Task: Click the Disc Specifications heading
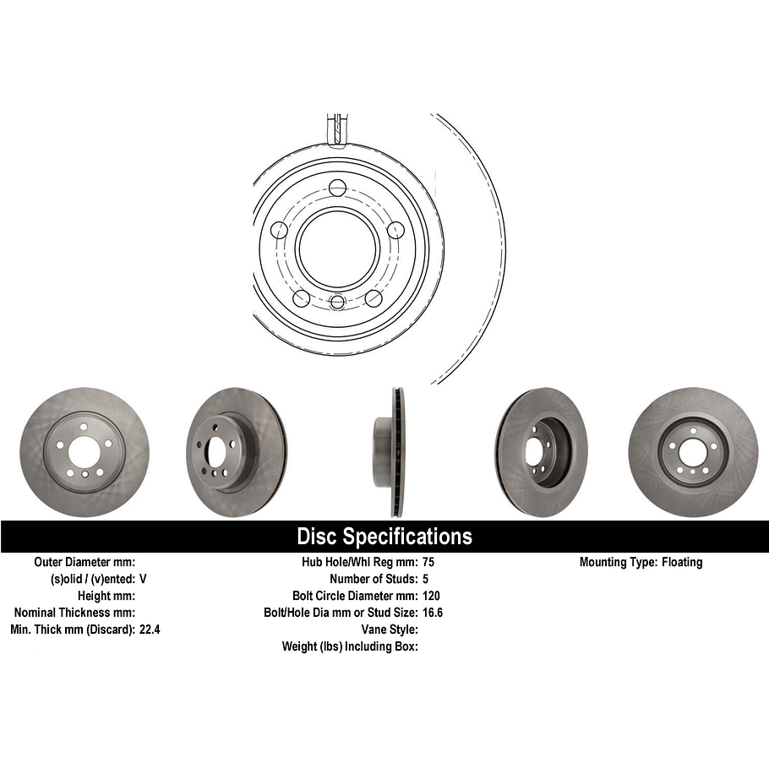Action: point(384,537)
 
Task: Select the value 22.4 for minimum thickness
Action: point(150,630)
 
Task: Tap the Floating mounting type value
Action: point(681,562)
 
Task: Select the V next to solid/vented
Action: point(143,579)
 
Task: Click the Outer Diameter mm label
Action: point(85,562)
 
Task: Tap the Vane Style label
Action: point(390,630)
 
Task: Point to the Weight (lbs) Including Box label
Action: point(350,646)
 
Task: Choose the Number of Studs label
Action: point(372,579)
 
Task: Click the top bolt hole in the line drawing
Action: point(337,188)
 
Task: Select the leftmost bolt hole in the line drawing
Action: point(279,230)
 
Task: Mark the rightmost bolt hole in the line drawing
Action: point(395,230)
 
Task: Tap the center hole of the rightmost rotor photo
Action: point(691,453)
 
